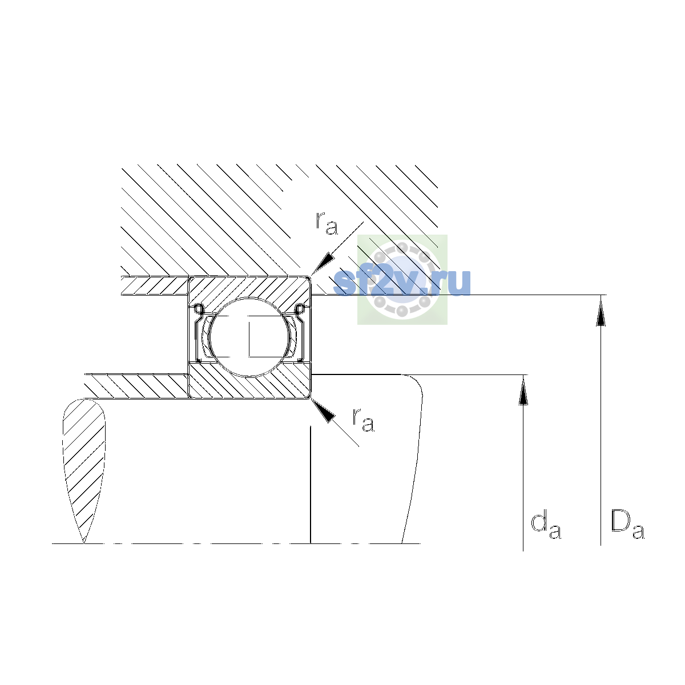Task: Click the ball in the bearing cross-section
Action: pyautogui.click(x=250, y=337)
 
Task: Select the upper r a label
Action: pyautogui.click(x=327, y=223)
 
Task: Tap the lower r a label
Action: pyautogui.click(x=363, y=420)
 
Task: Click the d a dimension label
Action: pyautogui.click(x=546, y=526)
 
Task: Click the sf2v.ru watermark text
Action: pyautogui.click(x=402, y=283)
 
